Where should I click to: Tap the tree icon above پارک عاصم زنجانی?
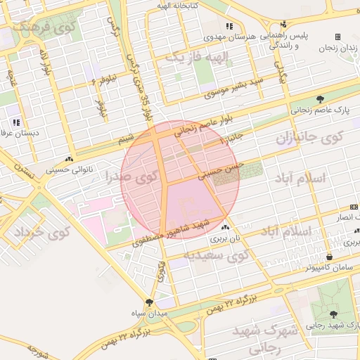321,99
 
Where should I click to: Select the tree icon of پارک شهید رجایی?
333,314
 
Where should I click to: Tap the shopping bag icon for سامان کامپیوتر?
329,257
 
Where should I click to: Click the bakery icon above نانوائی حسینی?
69,160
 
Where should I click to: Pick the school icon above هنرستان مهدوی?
229,27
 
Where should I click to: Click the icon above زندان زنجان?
337,37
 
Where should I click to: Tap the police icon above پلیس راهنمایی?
283,24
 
